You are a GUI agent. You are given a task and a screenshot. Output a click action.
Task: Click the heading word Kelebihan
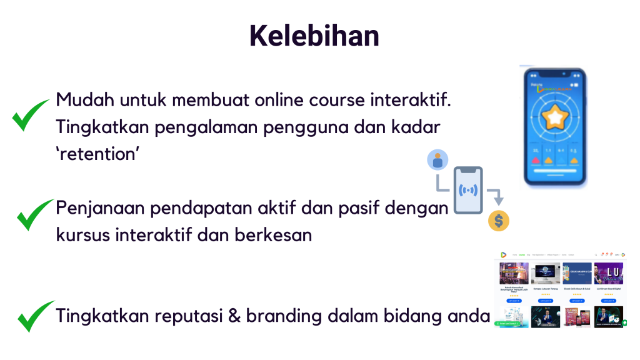coord(314,36)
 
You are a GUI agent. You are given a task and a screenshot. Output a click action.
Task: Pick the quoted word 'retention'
coord(97,154)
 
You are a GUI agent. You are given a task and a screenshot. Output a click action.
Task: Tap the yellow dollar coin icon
coord(498,221)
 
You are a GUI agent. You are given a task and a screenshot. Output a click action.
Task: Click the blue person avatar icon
coord(437,160)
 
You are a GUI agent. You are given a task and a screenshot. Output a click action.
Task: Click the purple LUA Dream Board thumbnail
coord(608,273)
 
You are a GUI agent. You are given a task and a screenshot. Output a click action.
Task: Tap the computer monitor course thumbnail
coord(546,273)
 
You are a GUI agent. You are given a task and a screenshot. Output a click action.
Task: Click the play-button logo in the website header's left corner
coord(502,255)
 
